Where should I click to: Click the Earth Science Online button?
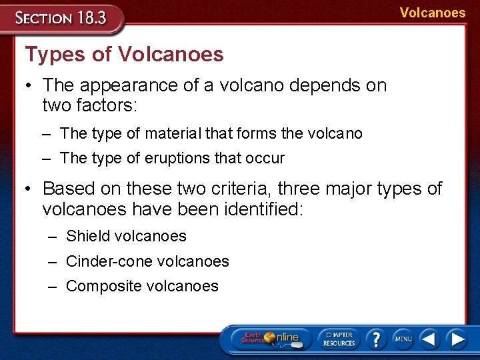[x=270, y=338]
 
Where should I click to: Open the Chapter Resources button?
[x=339, y=338]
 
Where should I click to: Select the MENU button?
[x=403, y=339]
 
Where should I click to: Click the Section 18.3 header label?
[x=61, y=17]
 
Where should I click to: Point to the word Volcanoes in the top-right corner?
[x=433, y=13]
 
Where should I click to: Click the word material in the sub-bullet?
[x=173, y=133]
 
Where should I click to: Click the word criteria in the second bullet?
[x=243, y=189]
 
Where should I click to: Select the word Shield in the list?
[x=88, y=236]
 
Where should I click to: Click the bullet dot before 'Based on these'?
[x=29, y=189]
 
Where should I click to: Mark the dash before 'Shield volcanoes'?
[x=52, y=236]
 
